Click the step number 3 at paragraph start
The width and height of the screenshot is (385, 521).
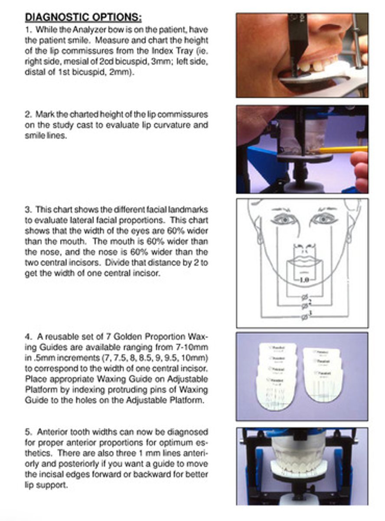(x=27, y=210)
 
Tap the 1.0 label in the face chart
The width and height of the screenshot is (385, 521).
(x=304, y=280)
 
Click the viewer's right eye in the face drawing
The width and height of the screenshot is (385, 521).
(x=324, y=218)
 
